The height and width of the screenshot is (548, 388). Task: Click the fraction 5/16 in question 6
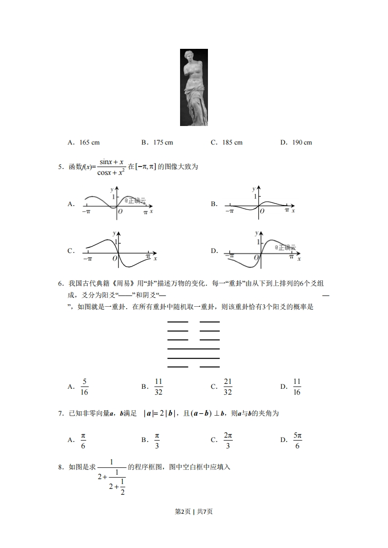tap(84, 387)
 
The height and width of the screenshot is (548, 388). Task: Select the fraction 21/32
tap(228, 387)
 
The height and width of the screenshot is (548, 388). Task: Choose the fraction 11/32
tap(159, 387)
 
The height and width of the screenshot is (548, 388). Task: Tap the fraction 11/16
tap(297, 387)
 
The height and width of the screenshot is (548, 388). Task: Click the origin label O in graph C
tap(115, 258)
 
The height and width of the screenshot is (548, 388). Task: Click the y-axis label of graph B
tap(253, 189)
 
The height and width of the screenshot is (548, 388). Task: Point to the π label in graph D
tap(291, 256)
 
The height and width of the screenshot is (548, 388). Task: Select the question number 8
tap(60, 467)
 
